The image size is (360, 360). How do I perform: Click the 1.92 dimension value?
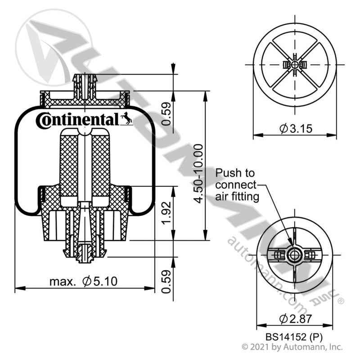(167, 213)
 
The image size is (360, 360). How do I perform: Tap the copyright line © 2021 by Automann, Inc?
(292, 347)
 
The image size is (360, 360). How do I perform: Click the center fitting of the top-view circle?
(295, 65)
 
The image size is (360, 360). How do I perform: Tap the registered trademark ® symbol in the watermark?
(341, 300)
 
